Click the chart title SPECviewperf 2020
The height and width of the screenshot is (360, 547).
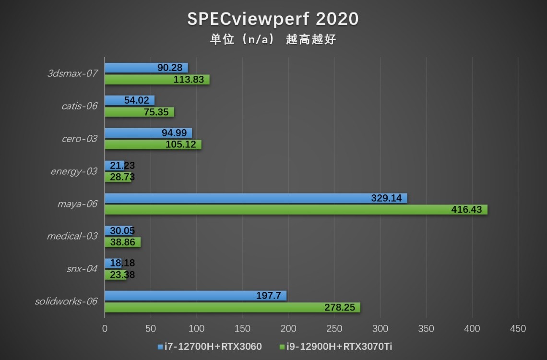coord(273,19)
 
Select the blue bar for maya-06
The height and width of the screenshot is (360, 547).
coord(255,198)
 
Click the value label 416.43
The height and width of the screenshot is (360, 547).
coord(466,210)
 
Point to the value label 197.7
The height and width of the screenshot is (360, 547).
coord(269,296)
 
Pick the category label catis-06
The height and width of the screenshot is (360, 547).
coord(80,106)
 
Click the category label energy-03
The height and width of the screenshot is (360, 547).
coord(74,171)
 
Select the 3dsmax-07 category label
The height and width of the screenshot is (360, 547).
coord(72,74)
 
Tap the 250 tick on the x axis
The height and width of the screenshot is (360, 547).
coord(334,329)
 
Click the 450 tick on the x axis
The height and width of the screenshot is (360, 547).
coord(518,329)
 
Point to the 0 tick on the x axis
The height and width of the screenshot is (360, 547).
coord(105,329)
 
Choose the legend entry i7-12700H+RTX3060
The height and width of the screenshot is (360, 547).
coord(210,347)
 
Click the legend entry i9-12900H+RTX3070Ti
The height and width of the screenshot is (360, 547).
coord(335,347)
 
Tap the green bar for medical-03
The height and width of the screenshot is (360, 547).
coord(122,242)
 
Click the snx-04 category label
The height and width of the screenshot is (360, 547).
coord(82,269)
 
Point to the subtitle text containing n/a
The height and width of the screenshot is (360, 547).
coord(273,39)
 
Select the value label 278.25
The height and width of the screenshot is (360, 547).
coord(340,308)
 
